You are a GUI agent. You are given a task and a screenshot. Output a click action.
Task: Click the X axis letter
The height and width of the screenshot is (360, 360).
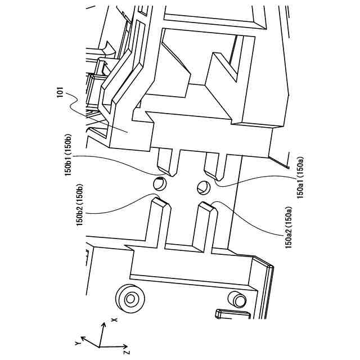[x=114, y=319]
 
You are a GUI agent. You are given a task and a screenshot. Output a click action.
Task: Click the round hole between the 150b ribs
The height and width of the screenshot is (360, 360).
[x=160, y=183]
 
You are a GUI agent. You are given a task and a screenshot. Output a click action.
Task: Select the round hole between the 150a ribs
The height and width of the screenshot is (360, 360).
[x=203, y=187]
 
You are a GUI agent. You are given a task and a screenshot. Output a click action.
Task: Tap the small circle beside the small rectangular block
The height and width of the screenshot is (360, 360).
[x=238, y=299]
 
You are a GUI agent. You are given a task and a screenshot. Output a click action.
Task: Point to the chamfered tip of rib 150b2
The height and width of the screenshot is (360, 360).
[x=160, y=201]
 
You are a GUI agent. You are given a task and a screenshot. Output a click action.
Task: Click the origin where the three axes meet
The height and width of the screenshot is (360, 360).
[x=98, y=346]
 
